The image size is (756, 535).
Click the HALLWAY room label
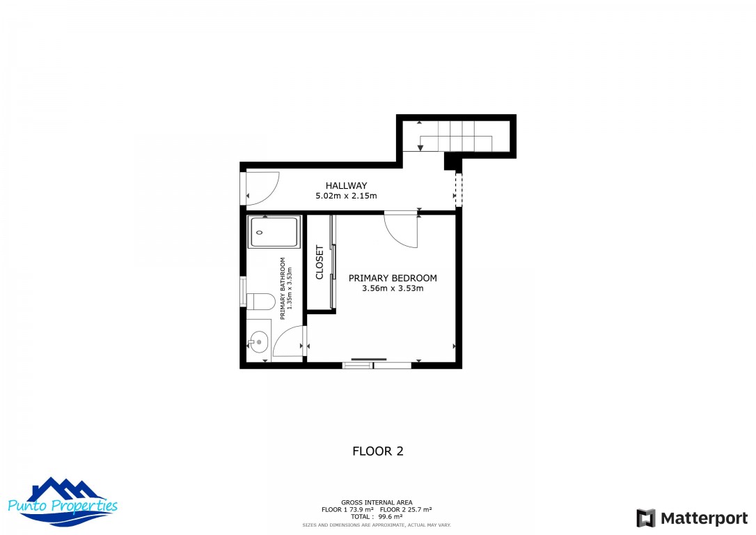pyautogui.click(x=346, y=185)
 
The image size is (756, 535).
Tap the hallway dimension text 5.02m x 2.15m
pyautogui.click(x=346, y=196)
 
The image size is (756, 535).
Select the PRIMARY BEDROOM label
pyautogui.click(x=393, y=278)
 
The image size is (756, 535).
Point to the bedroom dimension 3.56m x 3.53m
pyautogui.click(x=393, y=288)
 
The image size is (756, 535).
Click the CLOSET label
pyautogui.click(x=320, y=262)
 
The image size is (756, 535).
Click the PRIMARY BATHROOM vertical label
pyautogui.click(x=283, y=288)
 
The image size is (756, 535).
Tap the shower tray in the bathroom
pyautogui.click(x=274, y=232)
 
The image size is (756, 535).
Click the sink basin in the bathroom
pyautogui.click(x=259, y=341)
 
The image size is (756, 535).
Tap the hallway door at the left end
pyautogui.click(x=262, y=188)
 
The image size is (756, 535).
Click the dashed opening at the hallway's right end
pyautogui.click(x=458, y=189)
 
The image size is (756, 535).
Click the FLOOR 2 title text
pyautogui.click(x=377, y=451)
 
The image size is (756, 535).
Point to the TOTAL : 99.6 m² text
pyautogui.click(x=377, y=517)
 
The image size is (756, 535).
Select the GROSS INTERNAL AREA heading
pyautogui.click(x=377, y=502)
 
